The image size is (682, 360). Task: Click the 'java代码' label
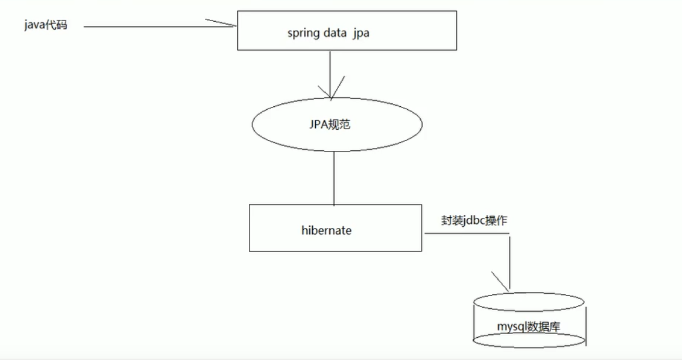click(46, 25)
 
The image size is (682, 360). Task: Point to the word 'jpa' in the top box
click(362, 33)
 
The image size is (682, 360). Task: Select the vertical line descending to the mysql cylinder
click(509, 258)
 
